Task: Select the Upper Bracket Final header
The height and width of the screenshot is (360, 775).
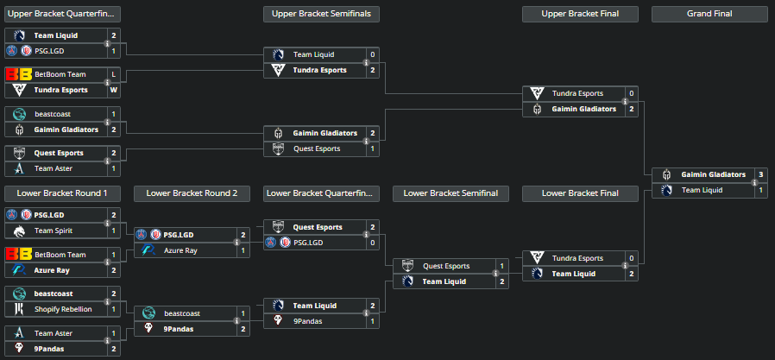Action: (x=580, y=14)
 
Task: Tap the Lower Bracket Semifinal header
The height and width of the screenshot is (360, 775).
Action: (x=451, y=193)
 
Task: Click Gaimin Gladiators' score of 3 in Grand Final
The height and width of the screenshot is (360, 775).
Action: (x=760, y=174)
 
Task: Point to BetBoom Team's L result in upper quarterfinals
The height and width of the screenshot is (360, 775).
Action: (x=113, y=74)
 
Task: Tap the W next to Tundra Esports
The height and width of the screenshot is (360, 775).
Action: (x=113, y=90)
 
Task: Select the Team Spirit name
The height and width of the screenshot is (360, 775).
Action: (x=53, y=231)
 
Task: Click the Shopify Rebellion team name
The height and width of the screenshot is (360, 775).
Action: (x=63, y=309)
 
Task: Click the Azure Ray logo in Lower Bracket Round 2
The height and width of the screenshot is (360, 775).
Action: (x=148, y=250)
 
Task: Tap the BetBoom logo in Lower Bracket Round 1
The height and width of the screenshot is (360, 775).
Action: (x=18, y=255)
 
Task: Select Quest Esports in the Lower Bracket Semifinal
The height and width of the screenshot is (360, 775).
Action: (x=446, y=266)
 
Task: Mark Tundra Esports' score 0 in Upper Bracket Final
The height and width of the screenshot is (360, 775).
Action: (x=632, y=93)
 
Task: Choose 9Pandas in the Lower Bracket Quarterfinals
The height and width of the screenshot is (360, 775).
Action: (x=309, y=321)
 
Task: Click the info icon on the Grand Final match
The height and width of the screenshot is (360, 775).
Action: (x=754, y=182)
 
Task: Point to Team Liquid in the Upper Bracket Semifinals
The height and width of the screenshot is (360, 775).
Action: (x=313, y=54)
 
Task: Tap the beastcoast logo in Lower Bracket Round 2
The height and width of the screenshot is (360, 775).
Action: (x=148, y=313)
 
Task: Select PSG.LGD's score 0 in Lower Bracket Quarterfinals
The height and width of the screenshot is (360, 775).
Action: (x=373, y=243)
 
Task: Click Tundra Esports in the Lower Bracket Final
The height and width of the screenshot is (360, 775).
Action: (x=577, y=258)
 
